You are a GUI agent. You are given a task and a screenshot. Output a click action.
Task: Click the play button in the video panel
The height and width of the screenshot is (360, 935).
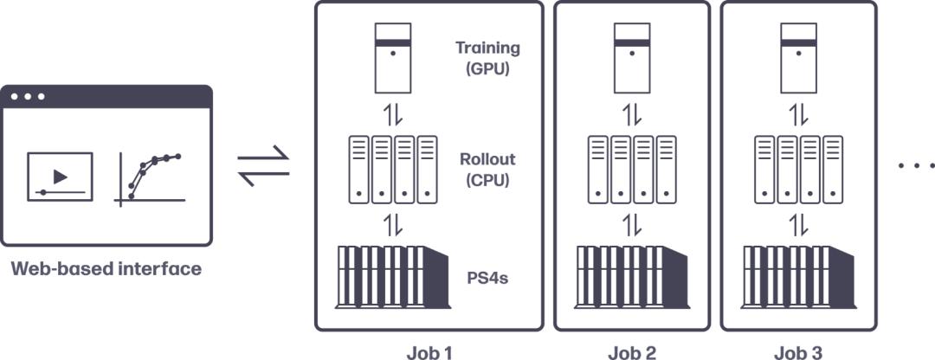pyautogui.click(x=60, y=177)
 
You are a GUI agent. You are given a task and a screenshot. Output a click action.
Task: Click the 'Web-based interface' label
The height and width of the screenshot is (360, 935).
pyautogui.click(x=106, y=269)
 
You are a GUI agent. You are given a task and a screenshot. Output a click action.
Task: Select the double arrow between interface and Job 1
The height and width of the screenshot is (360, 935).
pyautogui.click(x=264, y=164)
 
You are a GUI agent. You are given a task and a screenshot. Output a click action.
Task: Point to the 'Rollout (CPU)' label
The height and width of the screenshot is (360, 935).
pyautogui.click(x=487, y=170)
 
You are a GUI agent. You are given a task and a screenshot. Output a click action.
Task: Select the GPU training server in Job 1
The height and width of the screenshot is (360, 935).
pyautogui.click(x=393, y=58)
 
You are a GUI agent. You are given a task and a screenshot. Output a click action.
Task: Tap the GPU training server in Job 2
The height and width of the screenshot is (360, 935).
pyautogui.click(x=632, y=58)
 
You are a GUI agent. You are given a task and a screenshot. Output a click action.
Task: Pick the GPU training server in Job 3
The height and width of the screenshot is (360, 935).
pyautogui.click(x=799, y=58)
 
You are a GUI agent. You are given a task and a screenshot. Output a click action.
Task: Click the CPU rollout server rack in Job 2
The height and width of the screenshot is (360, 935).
pyautogui.click(x=632, y=170)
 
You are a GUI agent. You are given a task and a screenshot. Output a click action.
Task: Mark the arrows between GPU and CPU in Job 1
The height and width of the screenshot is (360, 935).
pyautogui.click(x=393, y=114)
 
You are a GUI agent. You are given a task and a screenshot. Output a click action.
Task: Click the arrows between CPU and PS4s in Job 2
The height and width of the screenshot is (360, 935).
pyautogui.click(x=632, y=225)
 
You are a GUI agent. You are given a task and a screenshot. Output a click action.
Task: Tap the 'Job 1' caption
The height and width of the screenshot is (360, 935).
pyautogui.click(x=429, y=351)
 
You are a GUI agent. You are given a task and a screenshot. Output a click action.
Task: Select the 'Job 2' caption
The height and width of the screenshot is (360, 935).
pyautogui.click(x=632, y=351)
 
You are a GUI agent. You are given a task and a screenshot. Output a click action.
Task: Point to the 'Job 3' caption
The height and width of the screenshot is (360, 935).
pyautogui.click(x=799, y=351)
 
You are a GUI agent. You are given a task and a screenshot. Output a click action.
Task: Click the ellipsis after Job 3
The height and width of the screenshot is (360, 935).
pyautogui.click(x=916, y=164)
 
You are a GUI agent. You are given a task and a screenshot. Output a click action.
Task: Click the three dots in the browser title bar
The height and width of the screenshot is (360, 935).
pyautogui.click(x=28, y=96)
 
